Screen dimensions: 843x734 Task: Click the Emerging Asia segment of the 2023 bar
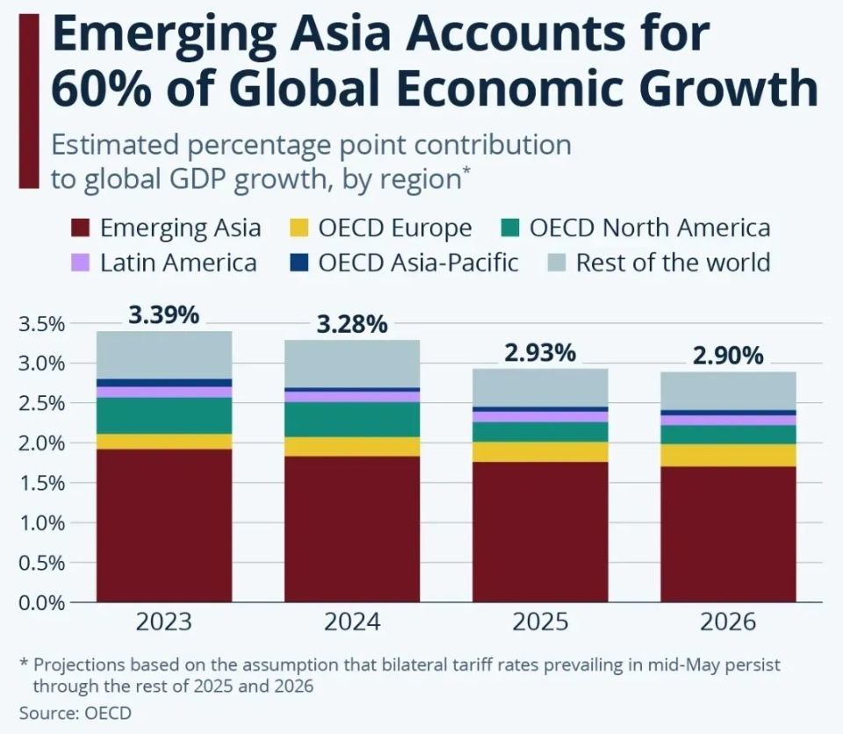(164, 525)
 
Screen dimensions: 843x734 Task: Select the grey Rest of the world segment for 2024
(352, 363)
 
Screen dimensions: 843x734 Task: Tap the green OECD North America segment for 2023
(164, 415)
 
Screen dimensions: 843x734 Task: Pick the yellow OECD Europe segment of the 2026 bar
(729, 456)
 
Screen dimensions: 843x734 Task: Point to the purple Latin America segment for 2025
(540, 417)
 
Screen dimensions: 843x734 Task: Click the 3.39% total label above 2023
(164, 315)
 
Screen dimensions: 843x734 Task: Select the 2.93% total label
(540, 353)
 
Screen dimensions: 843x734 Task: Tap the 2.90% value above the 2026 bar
(729, 356)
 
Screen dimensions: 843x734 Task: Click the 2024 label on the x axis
(352, 622)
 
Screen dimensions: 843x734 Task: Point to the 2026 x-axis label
(729, 622)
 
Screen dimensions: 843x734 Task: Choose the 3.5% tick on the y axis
(41, 324)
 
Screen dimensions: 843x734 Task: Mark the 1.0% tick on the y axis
(41, 523)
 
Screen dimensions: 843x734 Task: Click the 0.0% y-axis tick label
(41, 603)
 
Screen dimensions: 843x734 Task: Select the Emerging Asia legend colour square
(80, 227)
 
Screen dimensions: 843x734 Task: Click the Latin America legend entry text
(178, 263)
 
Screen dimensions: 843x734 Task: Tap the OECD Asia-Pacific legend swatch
(299, 263)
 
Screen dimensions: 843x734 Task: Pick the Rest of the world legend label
(674, 263)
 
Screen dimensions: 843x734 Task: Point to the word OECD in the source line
(108, 713)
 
